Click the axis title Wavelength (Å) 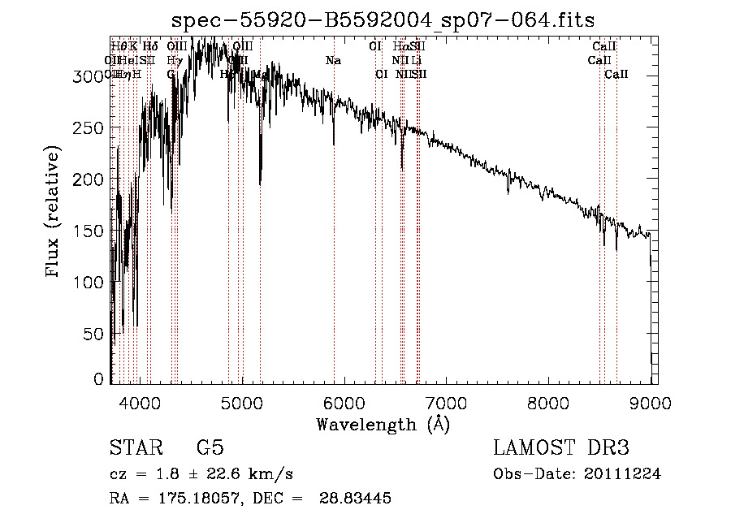(383, 424)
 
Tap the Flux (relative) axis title (54, 213)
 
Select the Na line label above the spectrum (333, 61)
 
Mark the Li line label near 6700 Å (416, 61)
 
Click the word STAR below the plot (135, 448)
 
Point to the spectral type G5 (210, 448)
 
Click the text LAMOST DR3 (561, 448)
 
